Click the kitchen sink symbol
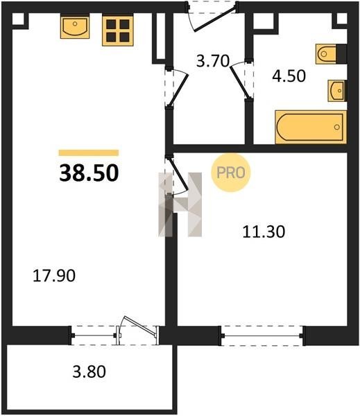click(75, 26)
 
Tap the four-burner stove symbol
click(118, 31)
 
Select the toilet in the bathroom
click(331, 54)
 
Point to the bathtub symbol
click(311, 128)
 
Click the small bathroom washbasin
click(337, 91)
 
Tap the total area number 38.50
click(89, 173)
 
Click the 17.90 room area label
click(54, 276)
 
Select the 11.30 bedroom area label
click(264, 232)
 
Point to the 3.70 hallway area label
click(213, 61)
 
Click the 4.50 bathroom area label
click(289, 76)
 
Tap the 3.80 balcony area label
click(89, 372)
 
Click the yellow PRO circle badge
click(231, 173)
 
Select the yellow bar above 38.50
click(89, 153)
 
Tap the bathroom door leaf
click(240, 83)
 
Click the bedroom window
click(262, 336)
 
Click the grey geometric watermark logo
click(180, 205)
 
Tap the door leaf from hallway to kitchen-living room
click(179, 89)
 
